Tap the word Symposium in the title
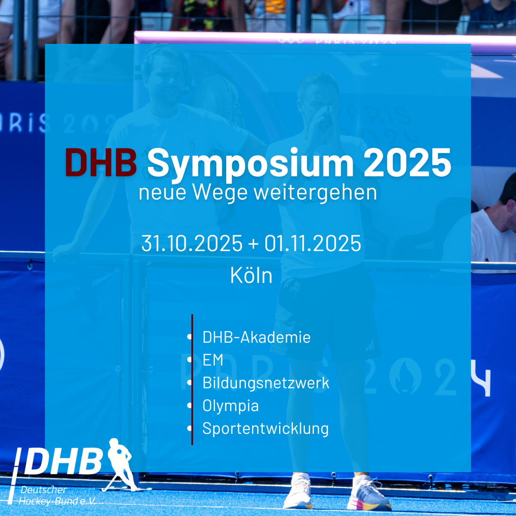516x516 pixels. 250,165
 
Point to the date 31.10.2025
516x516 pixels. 192,243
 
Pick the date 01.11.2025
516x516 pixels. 313,243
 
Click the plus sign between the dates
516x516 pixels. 253,244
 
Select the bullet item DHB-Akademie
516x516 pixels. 257,337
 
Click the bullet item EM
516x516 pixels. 213,359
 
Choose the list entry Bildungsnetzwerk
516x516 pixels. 266,383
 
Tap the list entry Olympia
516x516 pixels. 230,406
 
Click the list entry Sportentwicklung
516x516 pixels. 266,428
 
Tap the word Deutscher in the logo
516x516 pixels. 43,490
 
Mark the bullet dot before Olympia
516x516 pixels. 190,405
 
